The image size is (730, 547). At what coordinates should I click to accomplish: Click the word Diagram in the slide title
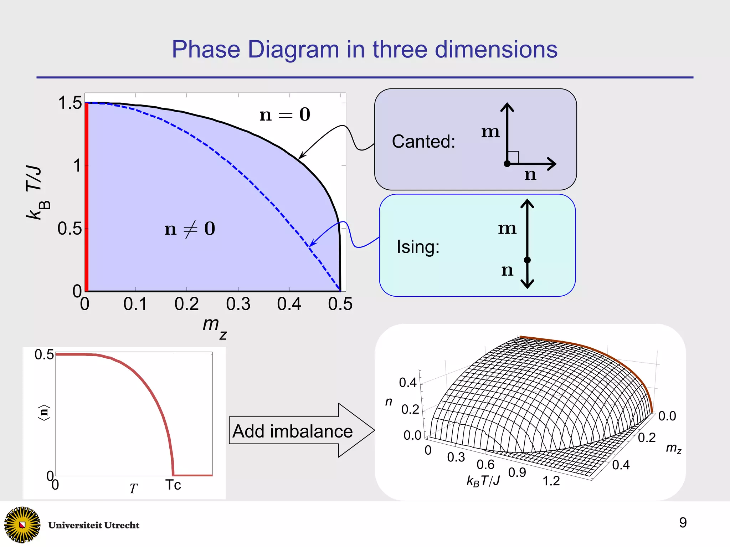point(293,50)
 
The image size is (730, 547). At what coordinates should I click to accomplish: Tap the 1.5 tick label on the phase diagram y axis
point(70,103)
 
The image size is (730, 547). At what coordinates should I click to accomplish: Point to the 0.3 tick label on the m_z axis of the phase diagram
point(238,304)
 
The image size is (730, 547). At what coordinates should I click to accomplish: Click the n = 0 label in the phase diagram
point(285,115)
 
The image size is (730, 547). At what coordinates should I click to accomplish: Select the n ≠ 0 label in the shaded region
point(190,229)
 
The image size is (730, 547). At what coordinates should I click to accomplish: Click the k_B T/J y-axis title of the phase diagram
point(37,193)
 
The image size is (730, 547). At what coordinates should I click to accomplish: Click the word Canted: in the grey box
point(423,142)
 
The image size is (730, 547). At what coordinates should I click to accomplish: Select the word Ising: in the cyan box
point(418,247)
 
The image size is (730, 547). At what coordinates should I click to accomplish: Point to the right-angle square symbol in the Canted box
point(513,157)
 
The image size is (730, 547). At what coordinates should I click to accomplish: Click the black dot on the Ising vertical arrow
point(527,260)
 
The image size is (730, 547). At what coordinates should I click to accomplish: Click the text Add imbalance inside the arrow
point(292,431)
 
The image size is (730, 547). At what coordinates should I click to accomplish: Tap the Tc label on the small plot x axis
point(173,485)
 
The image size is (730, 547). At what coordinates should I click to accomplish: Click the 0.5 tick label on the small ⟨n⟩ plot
point(44,355)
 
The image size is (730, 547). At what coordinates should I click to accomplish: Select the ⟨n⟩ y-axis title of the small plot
point(44,413)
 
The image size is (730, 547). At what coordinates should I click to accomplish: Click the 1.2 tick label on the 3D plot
point(551,481)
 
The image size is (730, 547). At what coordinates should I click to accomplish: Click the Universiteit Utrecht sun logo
point(22,524)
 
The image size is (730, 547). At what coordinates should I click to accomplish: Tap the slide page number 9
point(683,523)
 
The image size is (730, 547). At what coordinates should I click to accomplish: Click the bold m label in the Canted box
point(490,132)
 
